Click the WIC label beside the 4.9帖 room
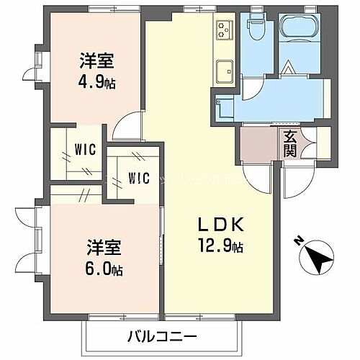(84, 151)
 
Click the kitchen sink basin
(223, 71)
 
